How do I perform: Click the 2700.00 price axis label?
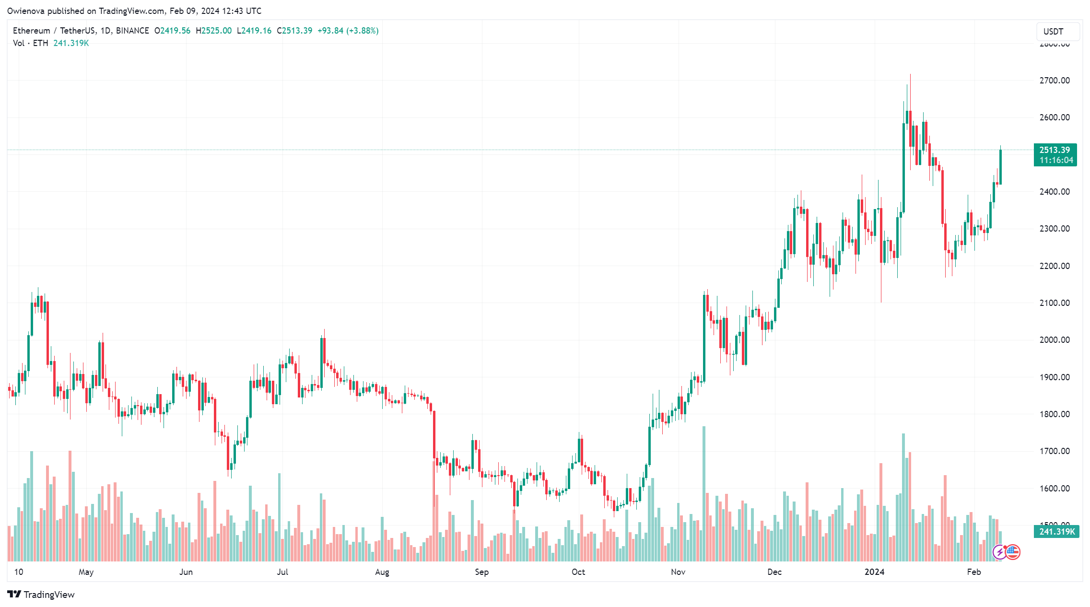click(x=1054, y=81)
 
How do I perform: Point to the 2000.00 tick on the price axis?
click(x=1054, y=340)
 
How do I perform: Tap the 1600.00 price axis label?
click(x=1054, y=489)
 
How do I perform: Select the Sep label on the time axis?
click(x=481, y=572)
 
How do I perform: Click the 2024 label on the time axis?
click(x=874, y=572)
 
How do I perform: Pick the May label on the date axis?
click(x=86, y=572)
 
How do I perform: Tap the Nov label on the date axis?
click(x=678, y=572)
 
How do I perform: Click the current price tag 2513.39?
click(x=1055, y=150)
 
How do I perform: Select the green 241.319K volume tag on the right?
click(x=1056, y=532)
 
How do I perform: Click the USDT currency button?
click(x=1054, y=32)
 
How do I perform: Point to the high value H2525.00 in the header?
click(x=214, y=31)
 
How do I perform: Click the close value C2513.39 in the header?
click(x=294, y=31)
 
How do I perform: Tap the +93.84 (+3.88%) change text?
click(x=348, y=31)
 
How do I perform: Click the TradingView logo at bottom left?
click(x=41, y=595)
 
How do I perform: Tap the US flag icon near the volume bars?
click(x=1013, y=552)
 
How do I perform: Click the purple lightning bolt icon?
click(x=999, y=552)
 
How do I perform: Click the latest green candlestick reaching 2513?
click(x=1000, y=167)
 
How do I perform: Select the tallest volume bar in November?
click(x=704, y=494)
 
